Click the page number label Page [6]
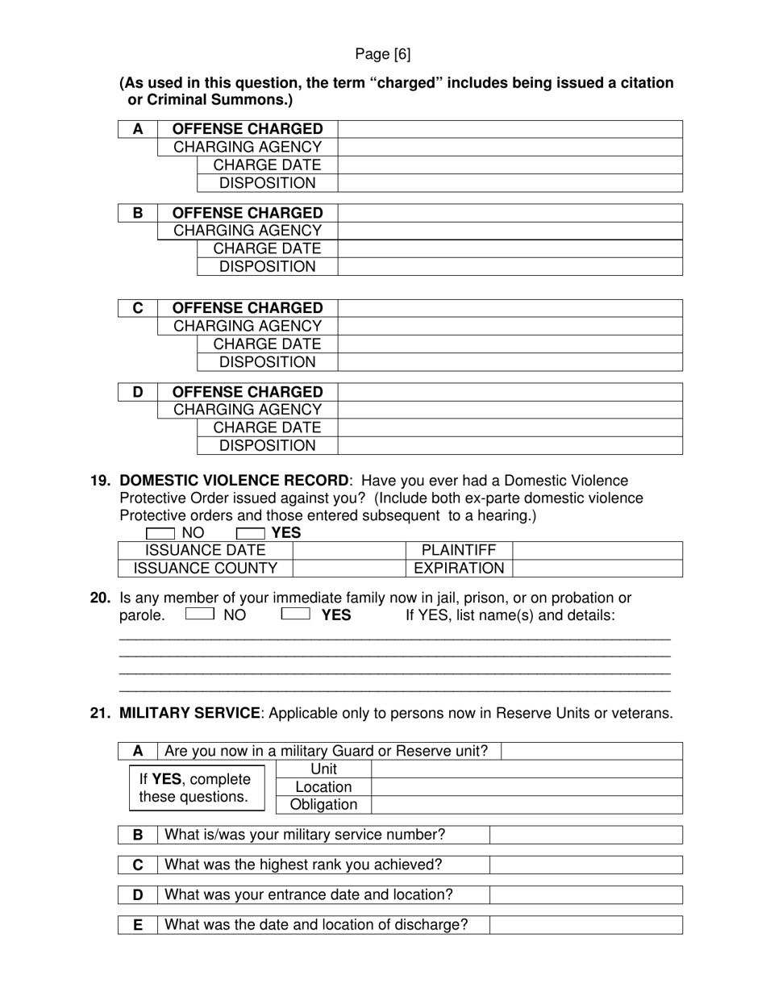(382, 54)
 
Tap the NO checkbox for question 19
(160, 533)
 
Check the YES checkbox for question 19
(250, 533)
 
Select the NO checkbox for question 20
(199, 615)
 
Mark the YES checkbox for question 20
(295, 615)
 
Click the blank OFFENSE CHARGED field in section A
(510, 129)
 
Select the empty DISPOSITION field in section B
(510, 267)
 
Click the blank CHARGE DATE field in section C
(510, 344)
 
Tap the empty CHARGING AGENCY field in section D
(510, 410)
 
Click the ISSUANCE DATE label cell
(205, 550)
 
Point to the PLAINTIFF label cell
(459, 550)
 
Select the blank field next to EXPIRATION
(597, 568)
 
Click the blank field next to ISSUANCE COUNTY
(348, 568)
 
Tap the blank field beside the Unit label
(527, 769)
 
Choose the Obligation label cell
(323, 805)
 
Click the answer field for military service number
(586, 835)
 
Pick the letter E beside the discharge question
(138, 925)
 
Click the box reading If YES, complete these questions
(197, 788)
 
